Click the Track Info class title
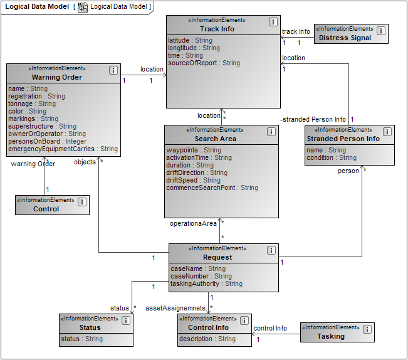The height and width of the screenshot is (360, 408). point(217,29)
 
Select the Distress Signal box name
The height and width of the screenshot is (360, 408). point(345,38)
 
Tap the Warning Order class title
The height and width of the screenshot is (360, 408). point(57,77)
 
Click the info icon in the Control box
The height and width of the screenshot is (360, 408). point(82,201)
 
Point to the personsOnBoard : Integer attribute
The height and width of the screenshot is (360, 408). point(48,141)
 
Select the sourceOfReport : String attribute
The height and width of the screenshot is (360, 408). point(204,63)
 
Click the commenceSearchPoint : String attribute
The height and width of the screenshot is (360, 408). point(212,188)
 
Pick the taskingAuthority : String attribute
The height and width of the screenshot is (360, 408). point(206,283)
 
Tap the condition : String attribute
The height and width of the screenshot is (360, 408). point(331,157)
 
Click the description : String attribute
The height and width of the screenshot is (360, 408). point(207,339)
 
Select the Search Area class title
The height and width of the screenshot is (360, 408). point(215,139)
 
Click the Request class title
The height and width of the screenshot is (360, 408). point(217,257)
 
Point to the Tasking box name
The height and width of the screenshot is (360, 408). point(330,336)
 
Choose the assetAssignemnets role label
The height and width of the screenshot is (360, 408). point(175,308)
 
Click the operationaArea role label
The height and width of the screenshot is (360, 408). point(193,223)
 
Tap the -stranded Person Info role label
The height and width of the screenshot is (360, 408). point(313,119)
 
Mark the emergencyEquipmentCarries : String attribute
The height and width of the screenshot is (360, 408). point(63,149)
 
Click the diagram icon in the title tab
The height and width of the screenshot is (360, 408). point(83,7)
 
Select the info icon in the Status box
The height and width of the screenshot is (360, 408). point(125,320)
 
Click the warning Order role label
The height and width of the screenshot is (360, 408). point(33,164)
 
